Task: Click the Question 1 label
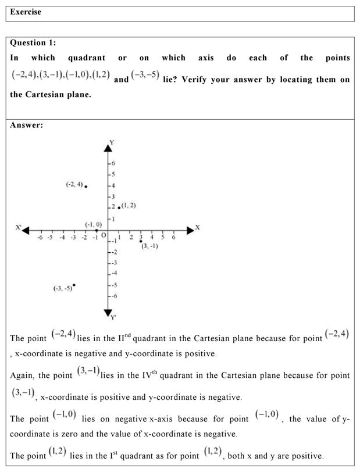coord(33,43)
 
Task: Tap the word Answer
coord(26,125)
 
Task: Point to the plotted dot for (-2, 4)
coord(85,186)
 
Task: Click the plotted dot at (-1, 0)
coord(97,230)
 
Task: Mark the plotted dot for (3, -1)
coord(141,241)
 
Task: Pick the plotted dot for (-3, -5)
coord(74,285)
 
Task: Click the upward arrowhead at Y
coord(108,148)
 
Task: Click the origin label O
coord(104,235)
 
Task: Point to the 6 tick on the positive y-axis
coord(113,163)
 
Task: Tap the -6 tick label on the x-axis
coord(40,237)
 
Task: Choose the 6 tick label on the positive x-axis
coord(173,237)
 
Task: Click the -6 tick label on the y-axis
coord(114,296)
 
